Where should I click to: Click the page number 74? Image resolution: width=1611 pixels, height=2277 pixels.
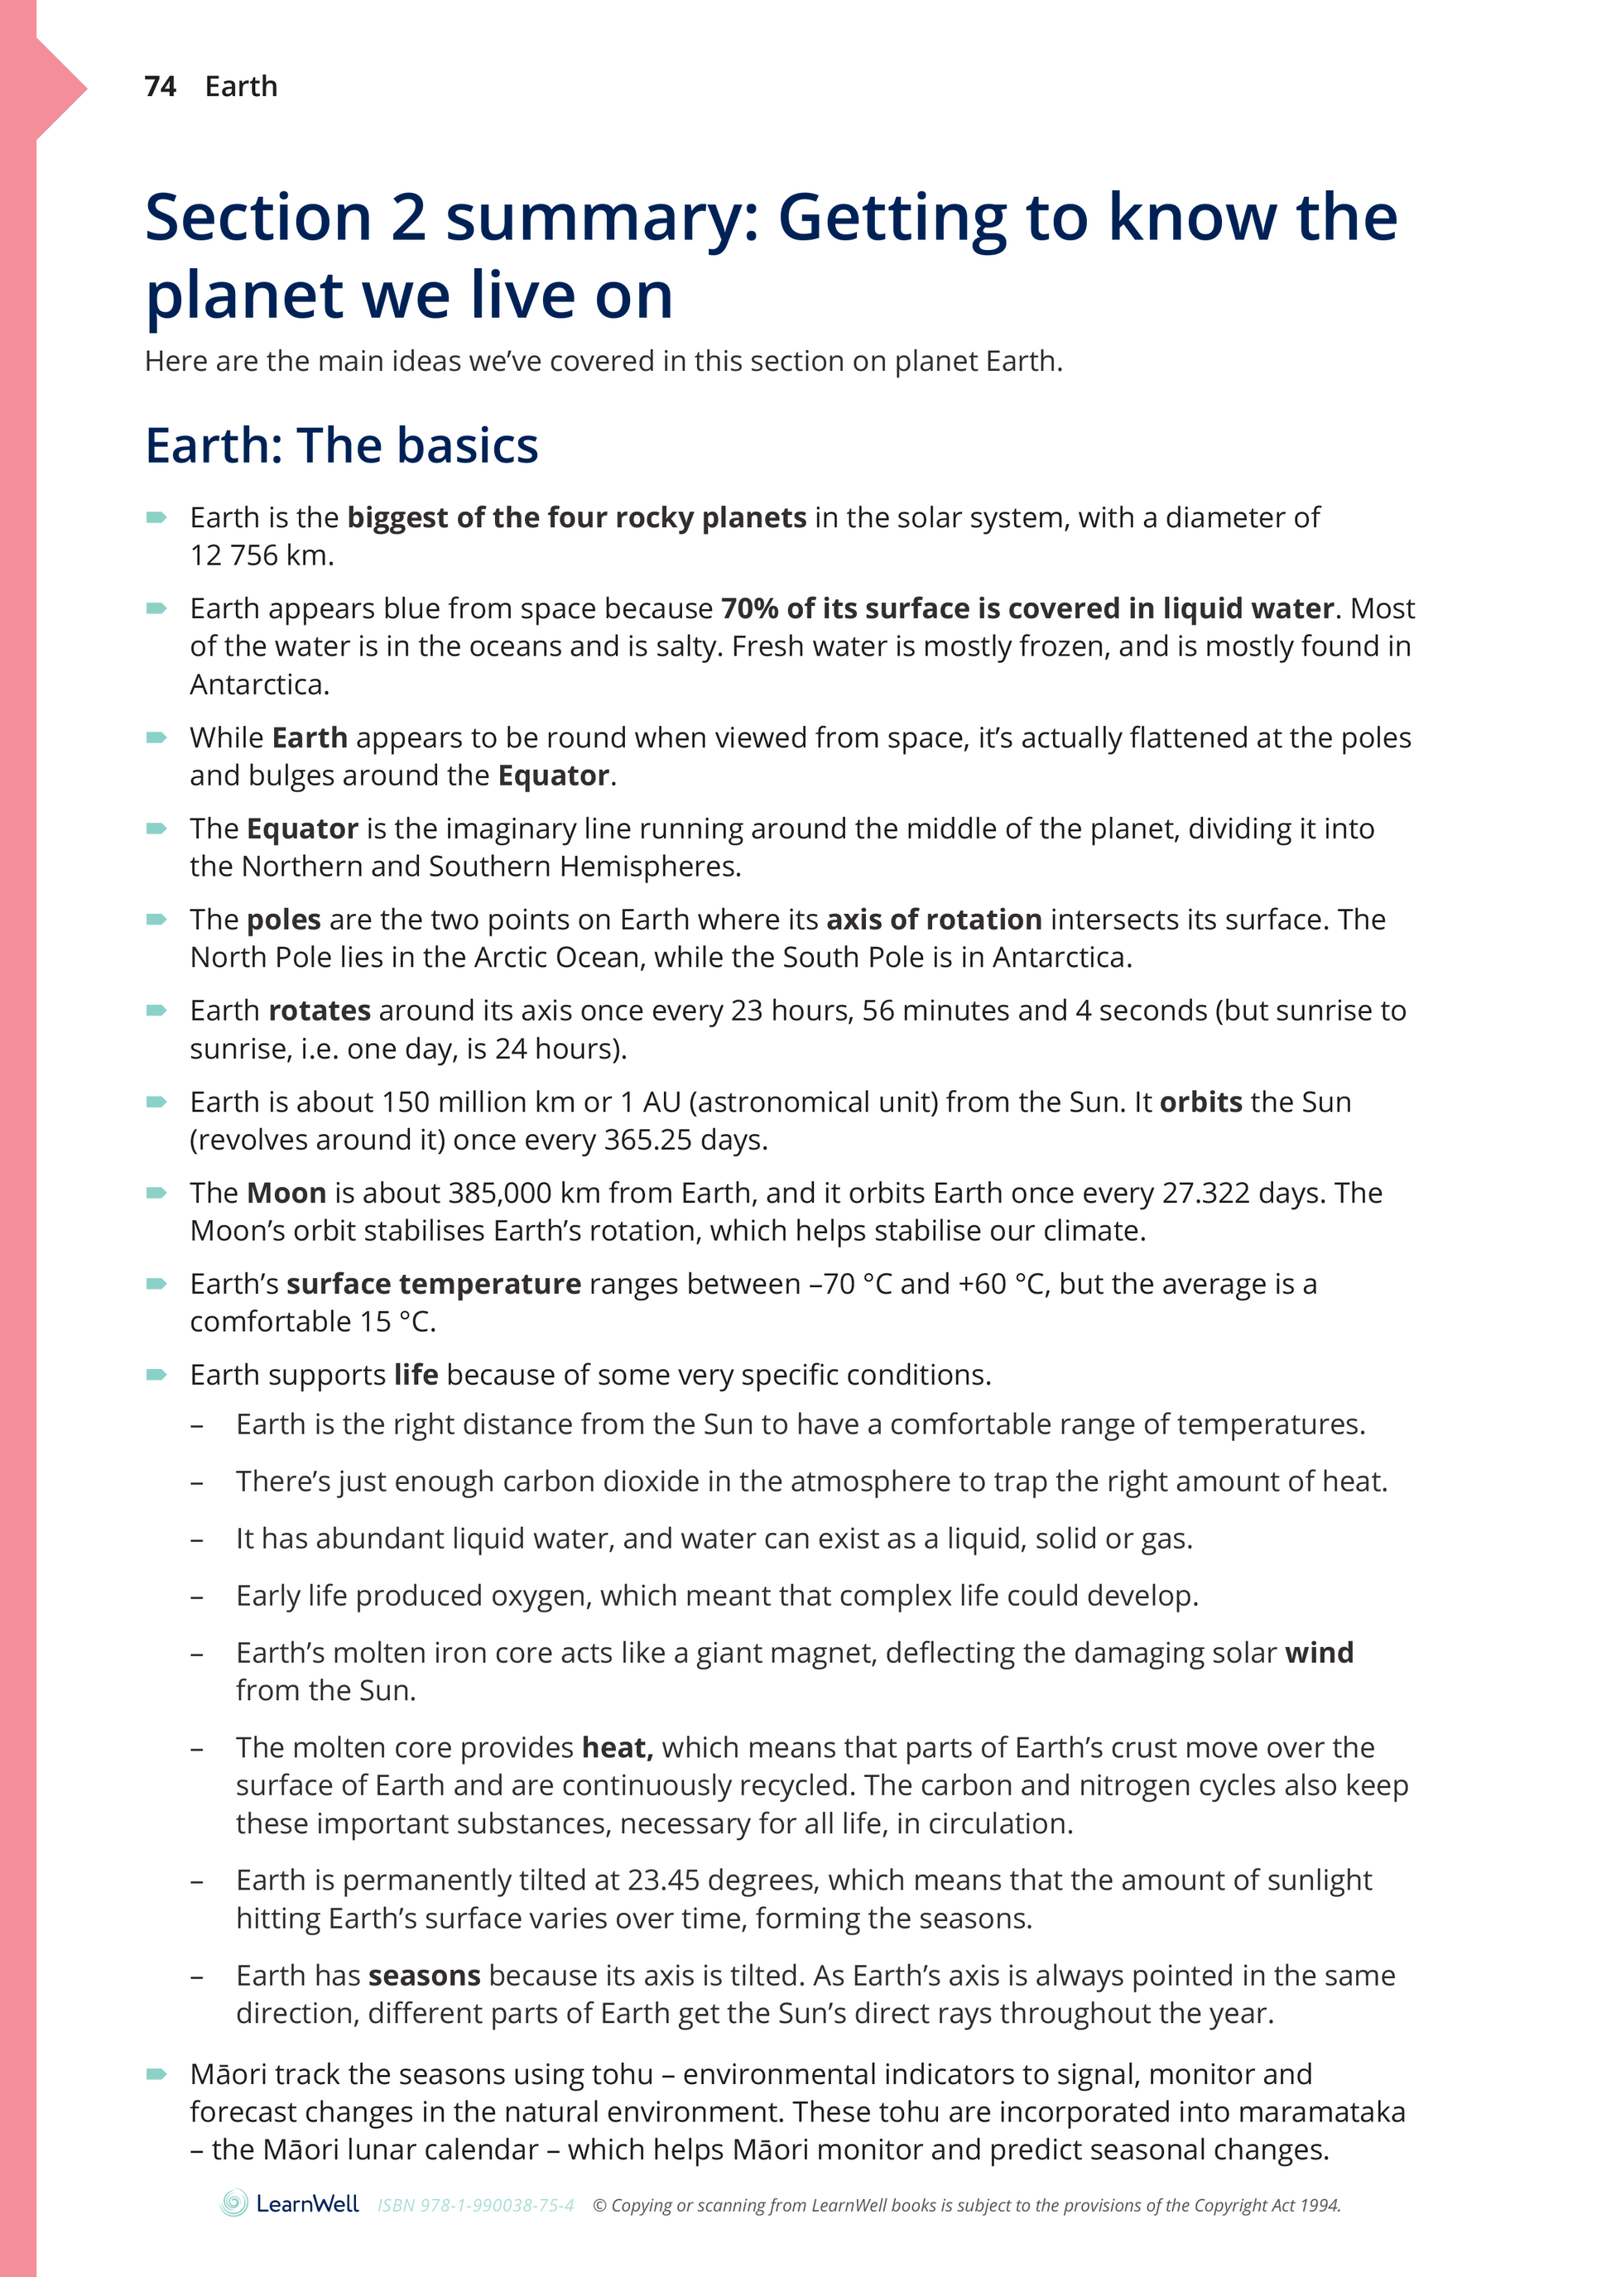[x=160, y=87]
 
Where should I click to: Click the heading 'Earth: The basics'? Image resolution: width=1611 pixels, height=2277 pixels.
[x=341, y=445]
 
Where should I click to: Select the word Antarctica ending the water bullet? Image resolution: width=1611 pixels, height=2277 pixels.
[x=258, y=685]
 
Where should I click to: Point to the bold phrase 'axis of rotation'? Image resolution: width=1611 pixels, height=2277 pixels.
[x=934, y=920]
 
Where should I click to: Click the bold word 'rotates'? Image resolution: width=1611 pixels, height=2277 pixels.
[x=320, y=1011]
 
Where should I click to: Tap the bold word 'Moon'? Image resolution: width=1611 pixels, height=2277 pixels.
[x=286, y=1193]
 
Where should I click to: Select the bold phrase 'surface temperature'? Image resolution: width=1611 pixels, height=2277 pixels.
[x=434, y=1285]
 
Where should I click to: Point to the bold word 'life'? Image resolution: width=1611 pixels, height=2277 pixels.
[x=416, y=1375]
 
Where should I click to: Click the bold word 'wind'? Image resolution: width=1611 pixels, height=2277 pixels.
[x=1319, y=1652]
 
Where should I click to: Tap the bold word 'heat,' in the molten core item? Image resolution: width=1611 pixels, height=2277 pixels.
[x=617, y=1747]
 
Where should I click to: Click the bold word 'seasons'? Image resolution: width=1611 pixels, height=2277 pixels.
[x=424, y=1976]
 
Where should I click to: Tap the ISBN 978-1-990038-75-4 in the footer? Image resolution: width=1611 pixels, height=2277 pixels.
[x=475, y=2206]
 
